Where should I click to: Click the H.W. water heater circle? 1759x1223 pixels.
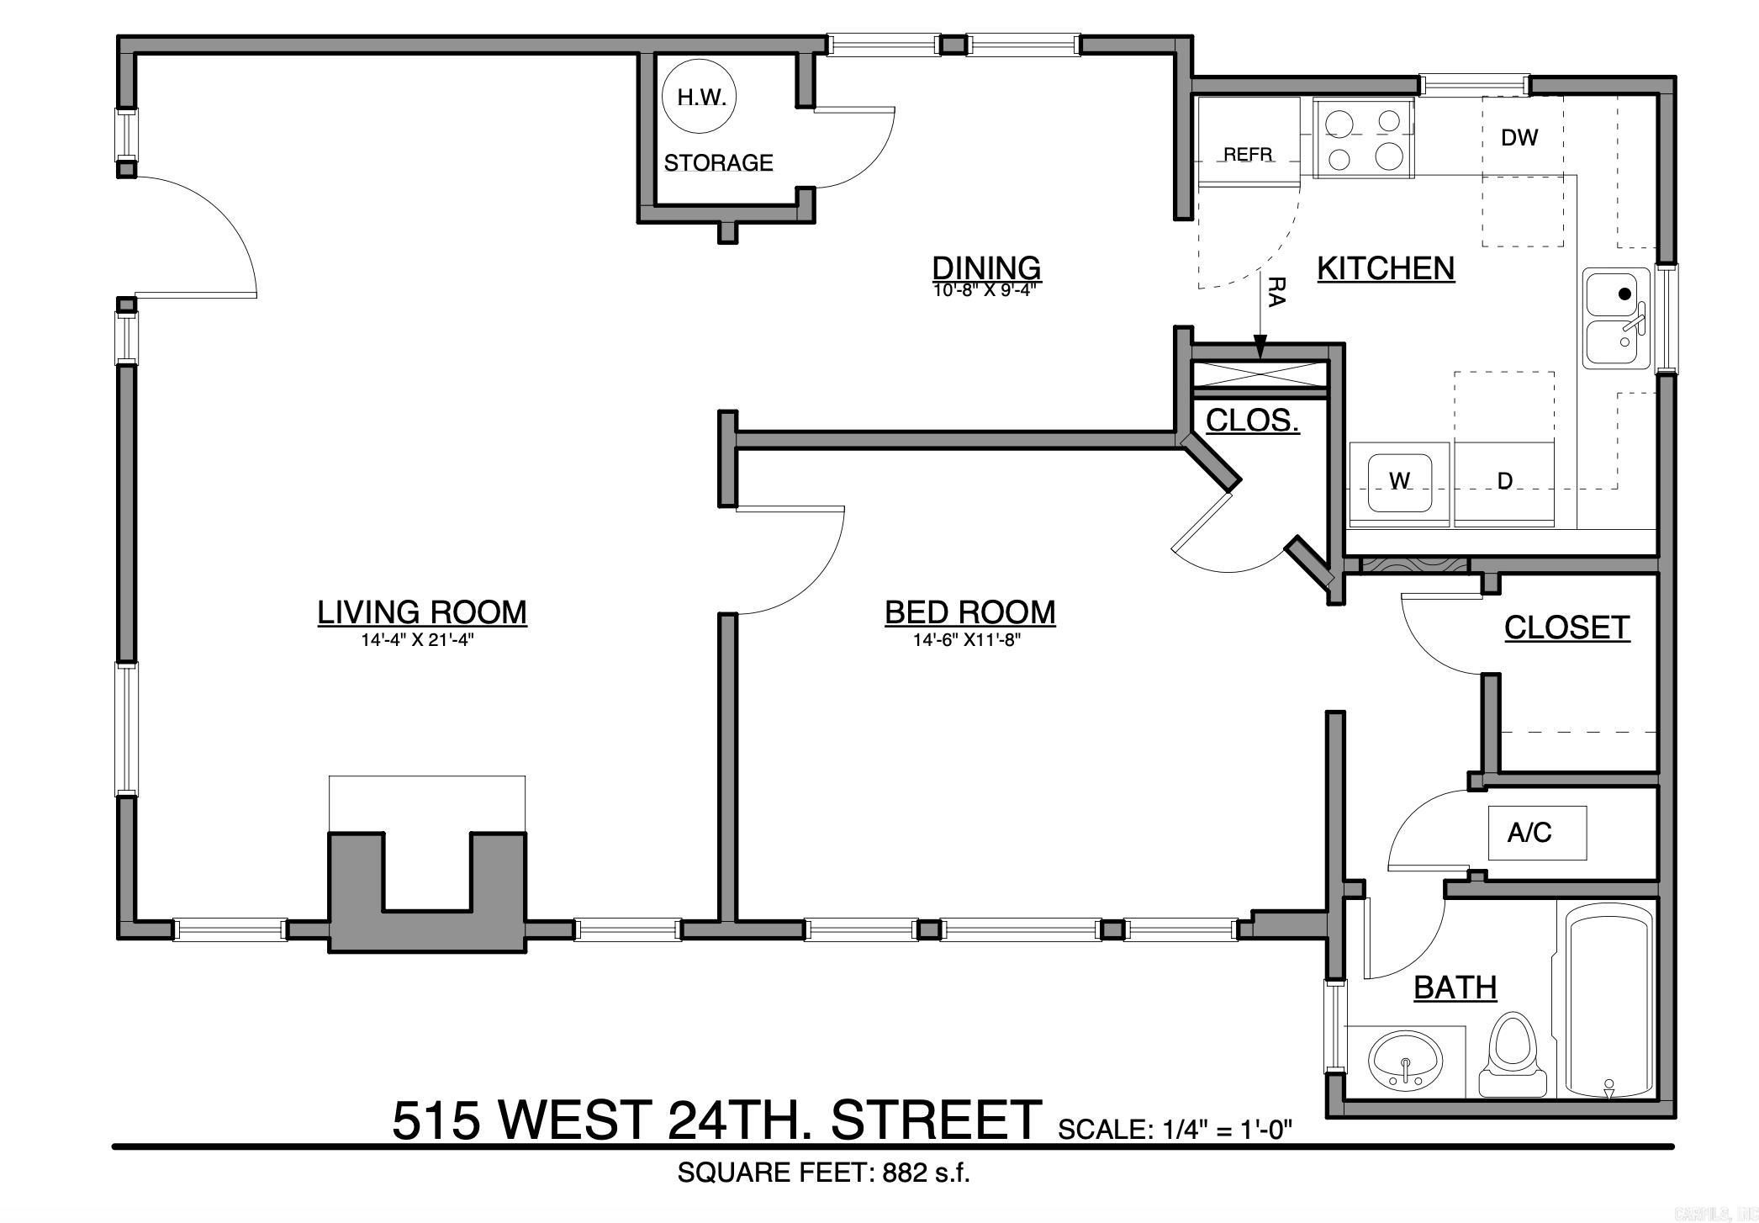701,98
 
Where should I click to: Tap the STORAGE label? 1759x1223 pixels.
718,162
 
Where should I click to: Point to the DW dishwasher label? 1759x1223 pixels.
1519,138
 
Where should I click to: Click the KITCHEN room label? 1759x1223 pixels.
1386,268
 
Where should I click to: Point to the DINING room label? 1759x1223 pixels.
986,267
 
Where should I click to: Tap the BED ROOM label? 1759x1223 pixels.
969,611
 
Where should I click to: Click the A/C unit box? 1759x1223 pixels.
1536,833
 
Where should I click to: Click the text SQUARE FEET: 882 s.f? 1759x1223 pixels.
823,1173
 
